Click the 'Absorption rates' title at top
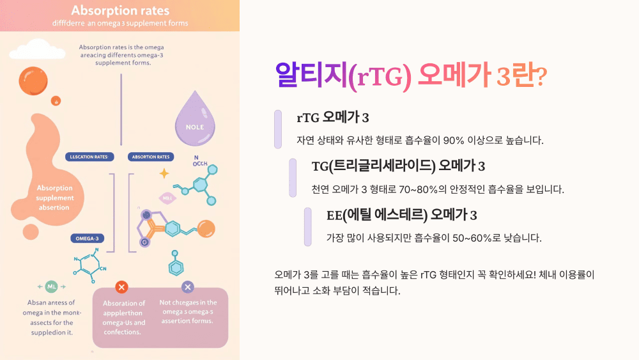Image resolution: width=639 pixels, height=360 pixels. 120,11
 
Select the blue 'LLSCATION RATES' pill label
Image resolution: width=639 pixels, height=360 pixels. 89,157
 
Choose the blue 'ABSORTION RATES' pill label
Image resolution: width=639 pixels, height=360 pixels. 150,157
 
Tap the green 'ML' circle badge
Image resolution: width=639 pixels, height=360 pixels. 52,286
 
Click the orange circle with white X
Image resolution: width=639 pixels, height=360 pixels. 122,287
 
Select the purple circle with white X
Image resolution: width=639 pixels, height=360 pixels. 188,287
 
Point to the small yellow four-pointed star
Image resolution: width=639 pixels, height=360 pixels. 164,173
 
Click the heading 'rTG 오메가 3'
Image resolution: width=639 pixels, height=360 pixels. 332,118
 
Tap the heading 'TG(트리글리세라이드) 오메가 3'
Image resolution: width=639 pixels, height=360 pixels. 398,166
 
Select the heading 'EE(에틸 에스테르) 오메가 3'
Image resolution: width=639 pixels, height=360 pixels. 402,214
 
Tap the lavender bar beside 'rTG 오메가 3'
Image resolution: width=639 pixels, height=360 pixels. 278,129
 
